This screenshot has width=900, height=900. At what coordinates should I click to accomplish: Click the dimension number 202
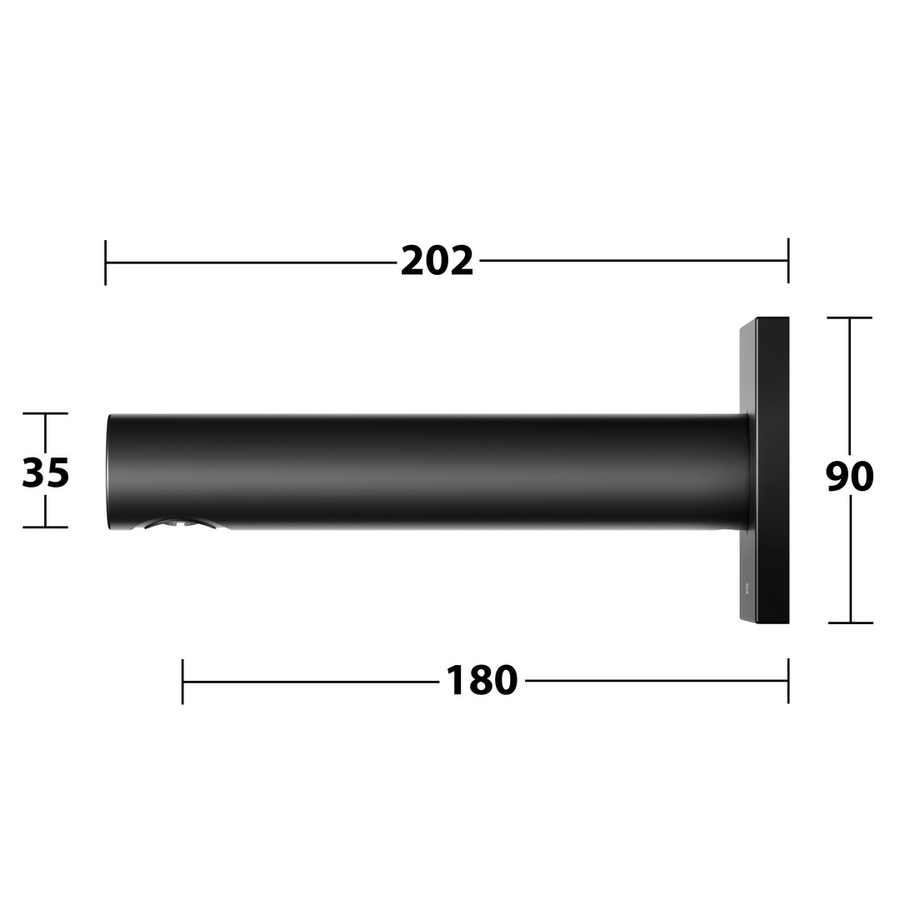tap(437, 261)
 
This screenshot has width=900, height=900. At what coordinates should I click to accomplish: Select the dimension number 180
tap(482, 681)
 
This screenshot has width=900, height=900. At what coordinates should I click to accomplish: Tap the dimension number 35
tap(45, 473)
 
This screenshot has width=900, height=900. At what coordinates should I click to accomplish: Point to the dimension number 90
tap(850, 477)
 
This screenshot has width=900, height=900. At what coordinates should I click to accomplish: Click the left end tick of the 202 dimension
tap(106, 262)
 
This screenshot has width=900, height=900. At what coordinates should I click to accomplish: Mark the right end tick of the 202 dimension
tap(788, 261)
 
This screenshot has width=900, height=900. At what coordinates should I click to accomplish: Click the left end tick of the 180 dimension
tap(182, 682)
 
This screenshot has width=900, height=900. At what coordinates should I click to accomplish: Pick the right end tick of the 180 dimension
tap(788, 681)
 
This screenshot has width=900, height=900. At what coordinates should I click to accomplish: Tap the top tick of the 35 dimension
tap(45, 413)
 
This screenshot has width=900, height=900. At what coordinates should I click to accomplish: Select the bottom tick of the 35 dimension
tap(45, 527)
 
